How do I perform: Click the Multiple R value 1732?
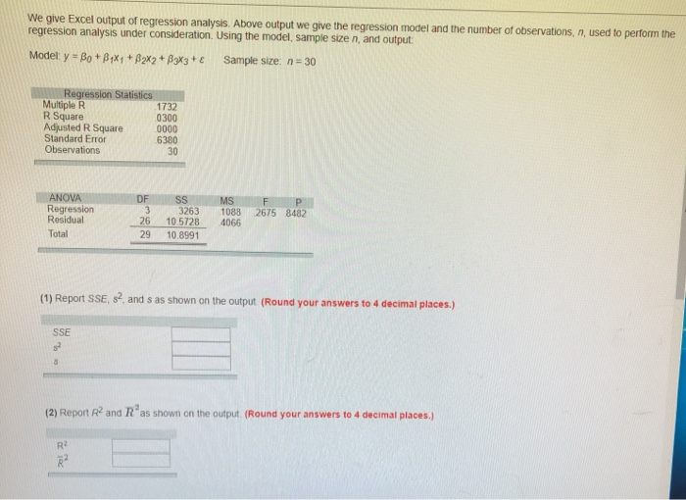click(x=167, y=106)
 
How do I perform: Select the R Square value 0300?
click(x=167, y=117)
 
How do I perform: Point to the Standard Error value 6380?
click(x=167, y=139)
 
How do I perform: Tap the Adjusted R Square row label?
click(x=83, y=128)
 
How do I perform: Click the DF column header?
click(x=144, y=198)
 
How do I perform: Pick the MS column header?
click(x=227, y=198)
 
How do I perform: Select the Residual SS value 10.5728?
click(x=182, y=221)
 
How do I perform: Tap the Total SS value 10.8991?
click(x=183, y=235)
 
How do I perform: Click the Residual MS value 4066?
click(x=230, y=222)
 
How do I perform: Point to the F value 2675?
click(x=267, y=210)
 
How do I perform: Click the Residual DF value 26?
click(x=143, y=221)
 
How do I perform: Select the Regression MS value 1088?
click(x=231, y=210)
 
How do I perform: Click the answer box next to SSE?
click(x=201, y=334)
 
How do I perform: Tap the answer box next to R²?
click(x=140, y=445)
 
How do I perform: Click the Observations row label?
click(x=73, y=150)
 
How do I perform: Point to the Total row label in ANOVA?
click(x=58, y=234)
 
